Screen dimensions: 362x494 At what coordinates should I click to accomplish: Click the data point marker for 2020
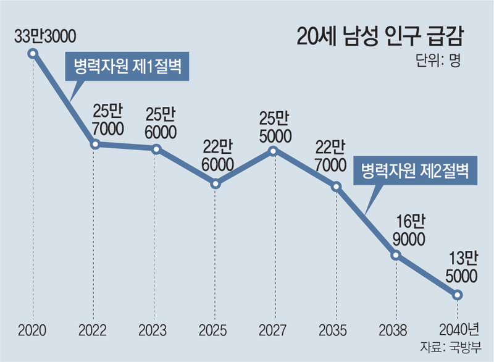coord(33,54)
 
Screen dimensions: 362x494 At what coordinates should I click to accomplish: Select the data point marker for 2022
coord(95,145)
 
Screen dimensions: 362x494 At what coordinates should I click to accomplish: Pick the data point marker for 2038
coord(396,255)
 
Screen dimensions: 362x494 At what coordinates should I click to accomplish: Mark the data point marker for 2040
coord(457,295)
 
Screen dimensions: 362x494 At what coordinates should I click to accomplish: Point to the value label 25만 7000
coord(108,120)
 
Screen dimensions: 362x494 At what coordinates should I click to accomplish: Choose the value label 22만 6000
coord(217,156)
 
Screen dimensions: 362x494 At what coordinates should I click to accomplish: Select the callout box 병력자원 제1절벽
coord(127,67)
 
